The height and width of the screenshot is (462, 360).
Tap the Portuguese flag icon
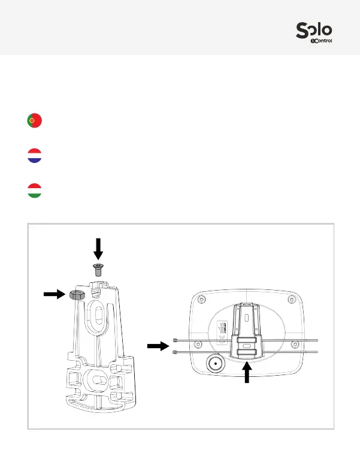point(34,120)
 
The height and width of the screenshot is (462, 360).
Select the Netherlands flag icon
point(34,156)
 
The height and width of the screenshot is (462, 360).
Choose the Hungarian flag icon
point(34,192)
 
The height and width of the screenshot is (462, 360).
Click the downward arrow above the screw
point(98,248)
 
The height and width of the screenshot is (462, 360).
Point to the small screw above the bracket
point(98,267)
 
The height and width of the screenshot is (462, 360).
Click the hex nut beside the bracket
point(76,294)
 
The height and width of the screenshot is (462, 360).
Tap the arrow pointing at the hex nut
point(55,294)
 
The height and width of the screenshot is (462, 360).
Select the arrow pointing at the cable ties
point(159,345)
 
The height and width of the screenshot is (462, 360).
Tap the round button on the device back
point(215,365)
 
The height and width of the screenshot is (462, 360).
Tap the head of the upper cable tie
point(174,340)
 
